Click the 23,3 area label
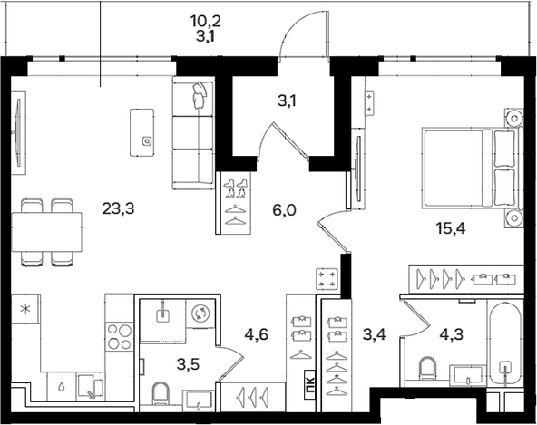(x=118, y=208)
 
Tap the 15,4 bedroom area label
(x=451, y=227)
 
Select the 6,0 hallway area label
(x=284, y=209)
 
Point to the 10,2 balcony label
(x=206, y=21)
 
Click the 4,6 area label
(x=256, y=334)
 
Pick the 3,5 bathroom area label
(x=188, y=365)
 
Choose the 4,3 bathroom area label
(x=451, y=334)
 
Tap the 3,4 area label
(x=375, y=334)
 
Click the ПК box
(x=310, y=384)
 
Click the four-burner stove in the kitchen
(x=119, y=336)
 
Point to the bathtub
(x=505, y=344)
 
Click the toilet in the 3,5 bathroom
(x=161, y=394)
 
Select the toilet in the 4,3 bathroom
(x=426, y=369)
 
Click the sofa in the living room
(x=193, y=133)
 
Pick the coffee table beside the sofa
(x=142, y=133)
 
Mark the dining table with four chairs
(x=46, y=232)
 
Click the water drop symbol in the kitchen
(x=62, y=387)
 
